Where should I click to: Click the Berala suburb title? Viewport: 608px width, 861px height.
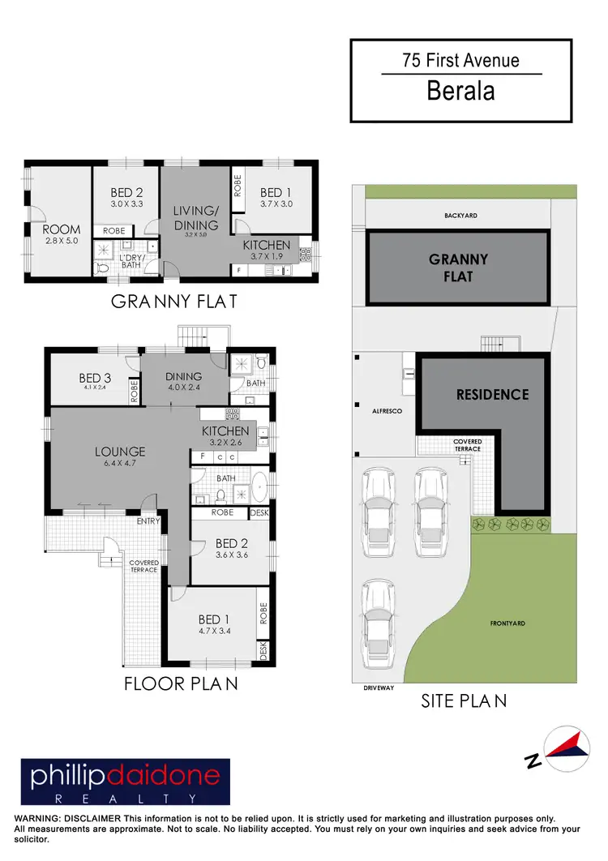click(x=460, y=91)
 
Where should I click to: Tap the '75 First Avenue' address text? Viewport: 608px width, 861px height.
click(x=460, y=60)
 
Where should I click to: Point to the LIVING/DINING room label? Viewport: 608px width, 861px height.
click(x=195, y=219)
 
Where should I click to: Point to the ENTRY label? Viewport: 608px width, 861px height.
click(x=148, y=521)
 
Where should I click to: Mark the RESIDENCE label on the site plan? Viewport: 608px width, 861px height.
click(x=492, y=395)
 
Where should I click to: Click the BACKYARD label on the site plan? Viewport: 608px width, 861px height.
click(x=460, y=216)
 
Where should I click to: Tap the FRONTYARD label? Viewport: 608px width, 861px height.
click(x=507, y=623)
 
